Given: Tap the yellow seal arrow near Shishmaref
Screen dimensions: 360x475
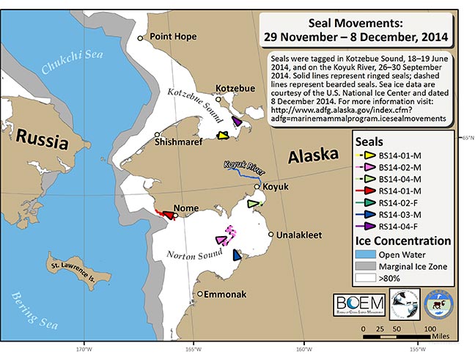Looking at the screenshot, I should click(224, 135).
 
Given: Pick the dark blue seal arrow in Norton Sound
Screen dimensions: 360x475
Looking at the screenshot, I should click(237, 255).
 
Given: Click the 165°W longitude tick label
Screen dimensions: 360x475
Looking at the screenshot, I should click(194, 349).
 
